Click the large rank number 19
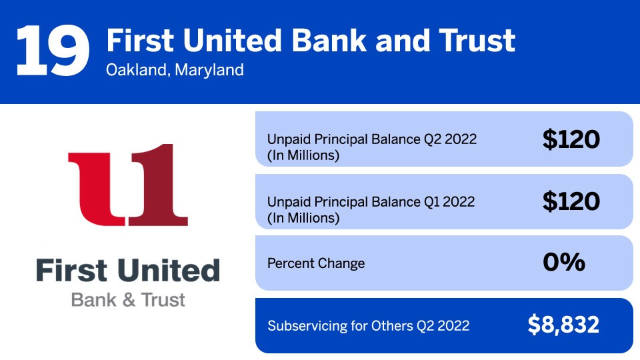53,51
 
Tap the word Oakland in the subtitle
136,70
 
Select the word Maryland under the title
209,70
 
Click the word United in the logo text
169,270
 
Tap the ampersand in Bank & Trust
129,300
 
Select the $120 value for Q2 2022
571,139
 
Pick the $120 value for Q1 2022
571,201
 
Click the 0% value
564,262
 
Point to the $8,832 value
563,325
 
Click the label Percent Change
316,263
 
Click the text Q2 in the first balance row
432,139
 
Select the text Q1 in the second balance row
431,201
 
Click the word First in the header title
141,41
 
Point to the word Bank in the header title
329,41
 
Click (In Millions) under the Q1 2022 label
303,218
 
